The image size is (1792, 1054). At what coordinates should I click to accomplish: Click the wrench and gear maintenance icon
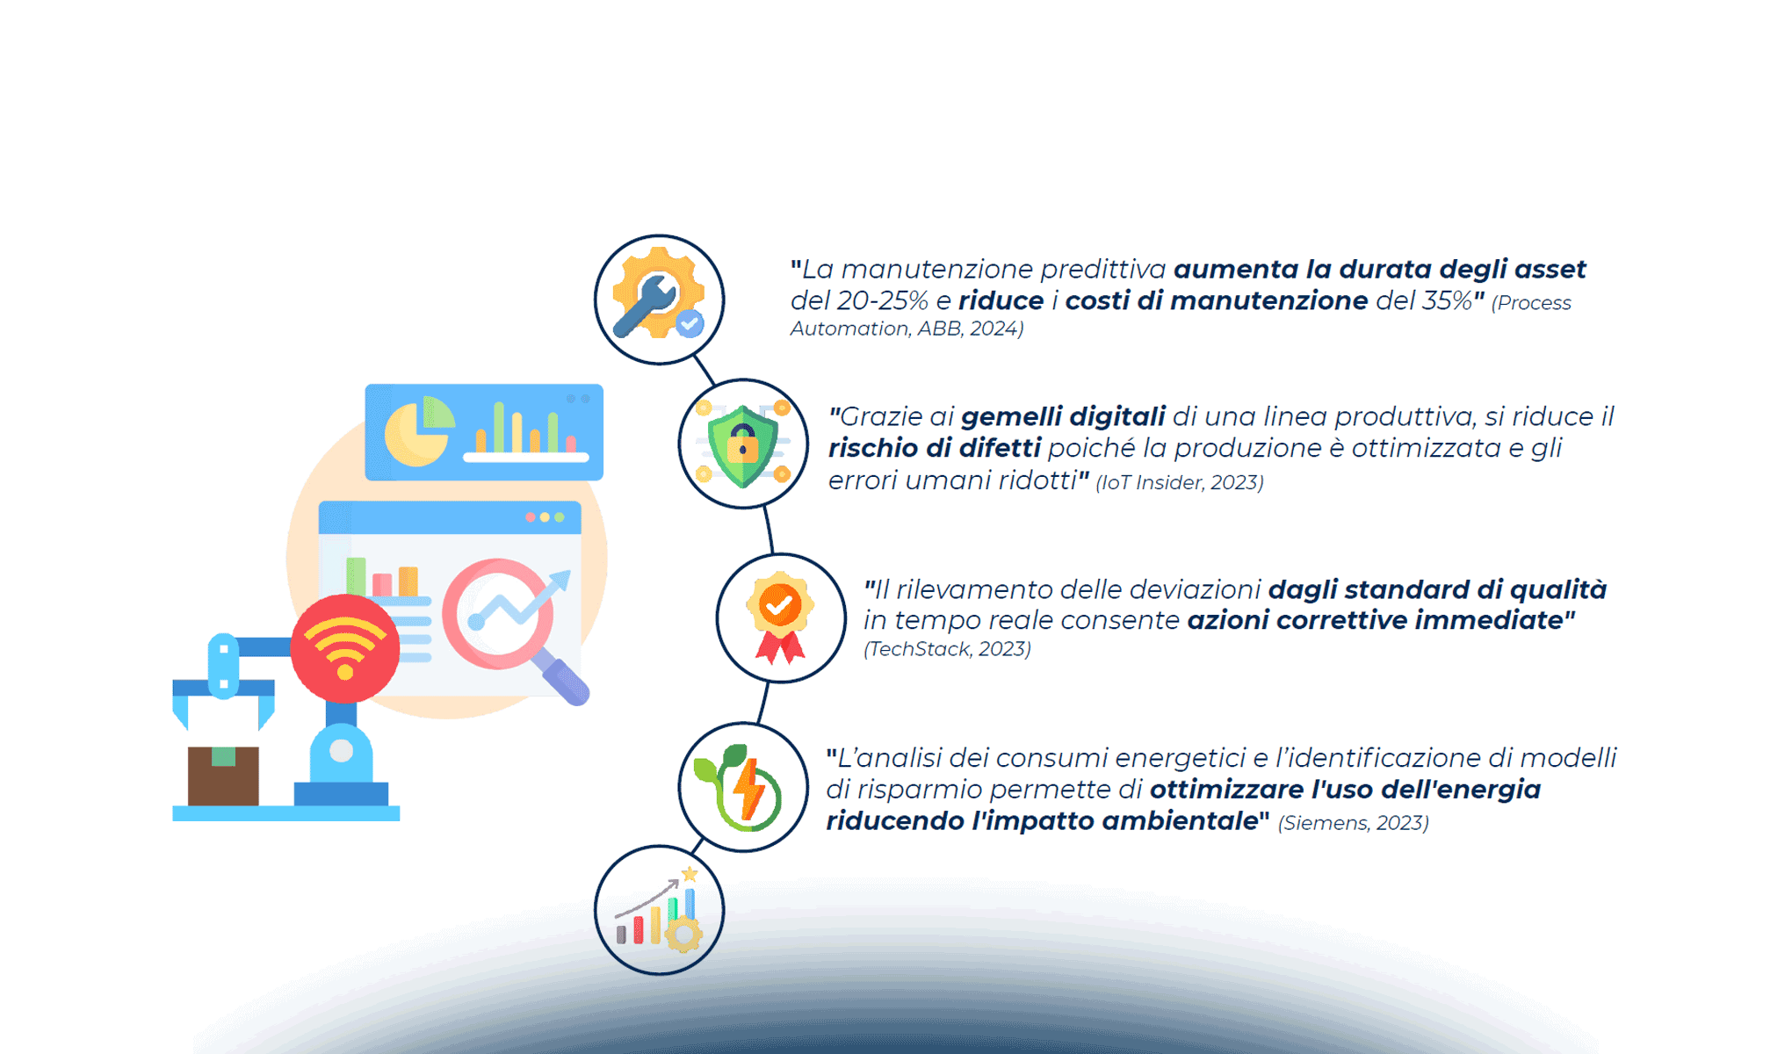point(658,294)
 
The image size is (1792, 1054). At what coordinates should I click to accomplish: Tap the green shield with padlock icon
point(743,444)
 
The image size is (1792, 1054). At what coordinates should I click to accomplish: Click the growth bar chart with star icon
point(659,910)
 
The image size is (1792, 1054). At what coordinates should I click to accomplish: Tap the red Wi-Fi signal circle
point(345,648)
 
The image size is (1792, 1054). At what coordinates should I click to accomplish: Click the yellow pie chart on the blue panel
point(419,431)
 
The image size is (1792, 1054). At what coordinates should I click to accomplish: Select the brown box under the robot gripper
point(223,776)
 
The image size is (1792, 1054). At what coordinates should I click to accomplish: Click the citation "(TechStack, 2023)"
point(947,649)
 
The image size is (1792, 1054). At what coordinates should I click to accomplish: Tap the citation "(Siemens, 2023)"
point(1353,823)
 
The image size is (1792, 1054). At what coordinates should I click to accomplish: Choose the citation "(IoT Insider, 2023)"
point(1180,483)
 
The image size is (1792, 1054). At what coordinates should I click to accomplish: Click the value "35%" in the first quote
point(1447,301)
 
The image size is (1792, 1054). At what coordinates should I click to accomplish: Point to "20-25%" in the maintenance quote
point(882,301)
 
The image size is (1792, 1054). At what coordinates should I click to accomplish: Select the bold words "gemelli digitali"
point(1063,417)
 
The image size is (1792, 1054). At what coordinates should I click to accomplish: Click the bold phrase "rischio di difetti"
point(935,449)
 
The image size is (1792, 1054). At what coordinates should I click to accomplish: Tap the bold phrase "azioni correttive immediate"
point(1376,621)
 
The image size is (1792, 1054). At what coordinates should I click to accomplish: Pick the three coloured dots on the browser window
point(545,517)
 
